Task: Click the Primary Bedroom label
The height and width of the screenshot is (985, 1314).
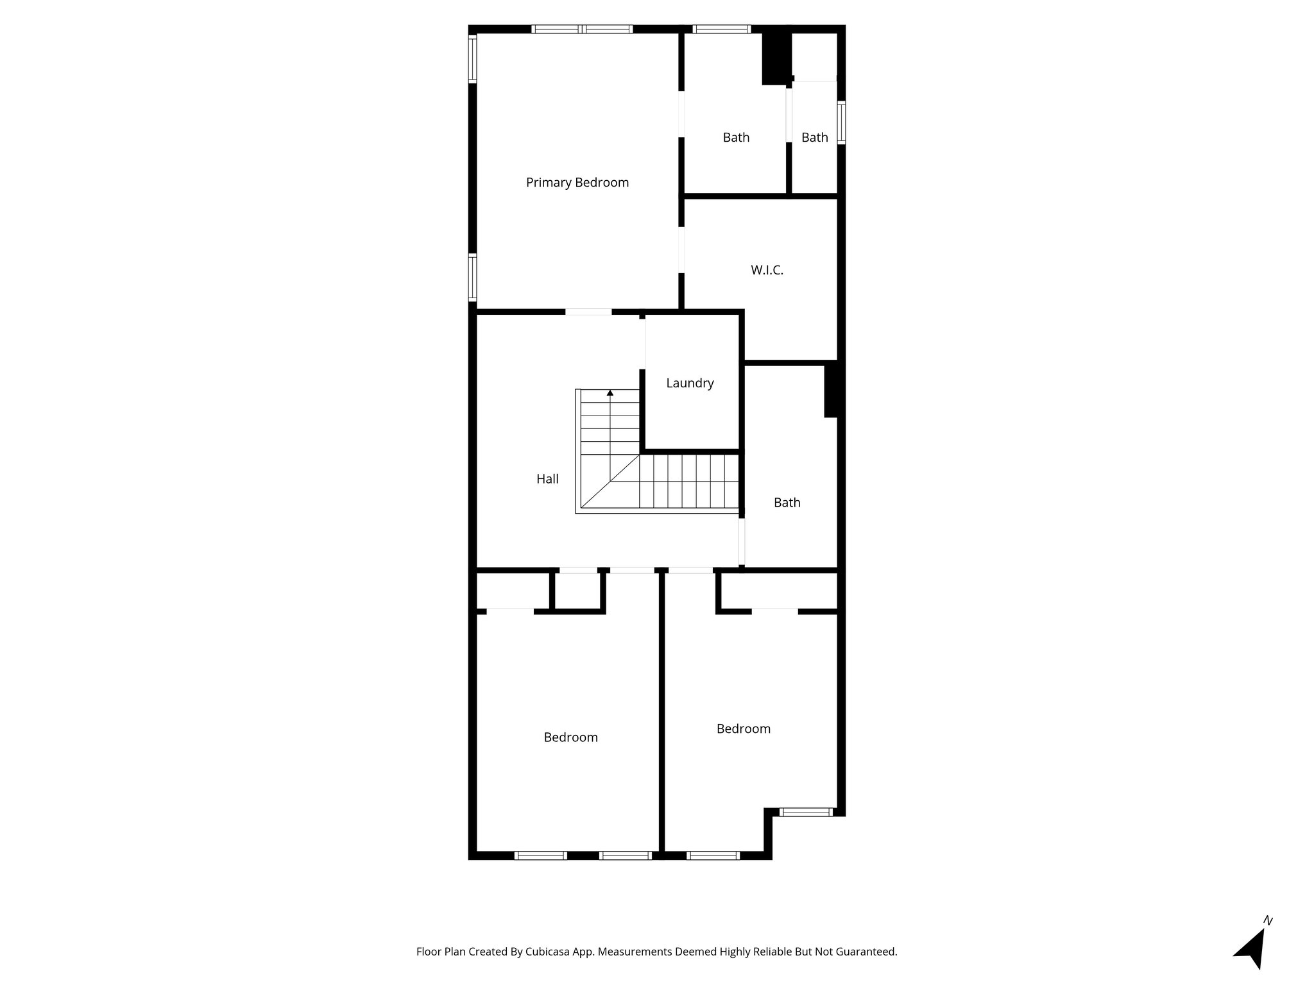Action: click(x=577, y=183)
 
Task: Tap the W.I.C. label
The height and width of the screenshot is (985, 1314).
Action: click(x=767, y=271)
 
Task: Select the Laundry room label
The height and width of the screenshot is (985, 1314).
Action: click(x=690, y=383)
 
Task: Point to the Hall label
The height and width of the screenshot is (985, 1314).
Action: click(x=547, y=479)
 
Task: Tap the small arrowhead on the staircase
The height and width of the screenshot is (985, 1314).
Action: click(x=610, y=392)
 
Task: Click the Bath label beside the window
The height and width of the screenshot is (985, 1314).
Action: click(x=814, y=138)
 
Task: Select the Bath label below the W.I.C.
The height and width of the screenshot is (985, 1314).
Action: click(x=787, y=503)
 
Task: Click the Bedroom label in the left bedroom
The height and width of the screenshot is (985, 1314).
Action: click(x=570, y=737)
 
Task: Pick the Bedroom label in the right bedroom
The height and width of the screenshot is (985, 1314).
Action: click(x=743, y=729)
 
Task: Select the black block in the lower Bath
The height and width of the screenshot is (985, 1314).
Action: click(x=831, y=389)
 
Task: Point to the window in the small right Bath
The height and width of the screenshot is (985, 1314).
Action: click(x=841, y=122)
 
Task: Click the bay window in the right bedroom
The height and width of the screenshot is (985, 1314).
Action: click(x=806, y=812)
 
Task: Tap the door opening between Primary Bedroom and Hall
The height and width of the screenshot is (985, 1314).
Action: click(x=588, y=312)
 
